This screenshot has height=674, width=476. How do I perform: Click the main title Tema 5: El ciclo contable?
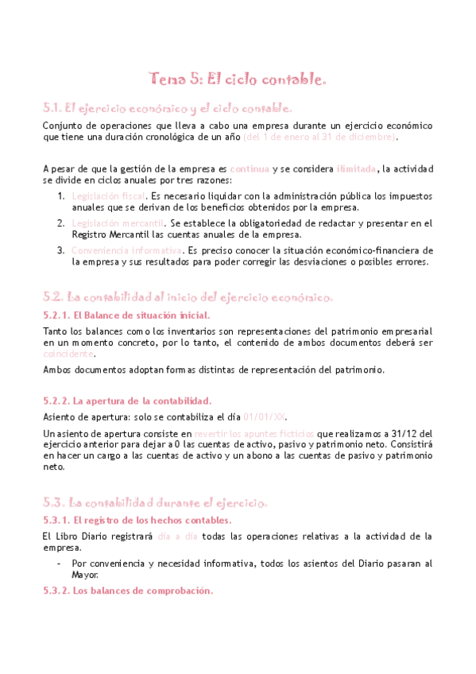click(x=238, y=79)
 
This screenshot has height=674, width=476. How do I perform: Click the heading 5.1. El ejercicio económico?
click(x=168, y=108)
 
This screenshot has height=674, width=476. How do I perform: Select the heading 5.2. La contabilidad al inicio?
click(x=188, y=296)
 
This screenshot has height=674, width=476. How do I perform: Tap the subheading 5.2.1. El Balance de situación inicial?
click(x=126, y=316)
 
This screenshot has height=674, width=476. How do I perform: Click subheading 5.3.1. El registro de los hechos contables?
click(x=137, y=521)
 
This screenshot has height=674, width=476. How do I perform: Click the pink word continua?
click(x=249, y=168)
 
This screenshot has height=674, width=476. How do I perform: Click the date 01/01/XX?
click(x=265, y=416)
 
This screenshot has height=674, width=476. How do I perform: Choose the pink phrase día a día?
click(x=177, y=536)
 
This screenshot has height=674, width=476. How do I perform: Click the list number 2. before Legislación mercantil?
click(x=60, y=223)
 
